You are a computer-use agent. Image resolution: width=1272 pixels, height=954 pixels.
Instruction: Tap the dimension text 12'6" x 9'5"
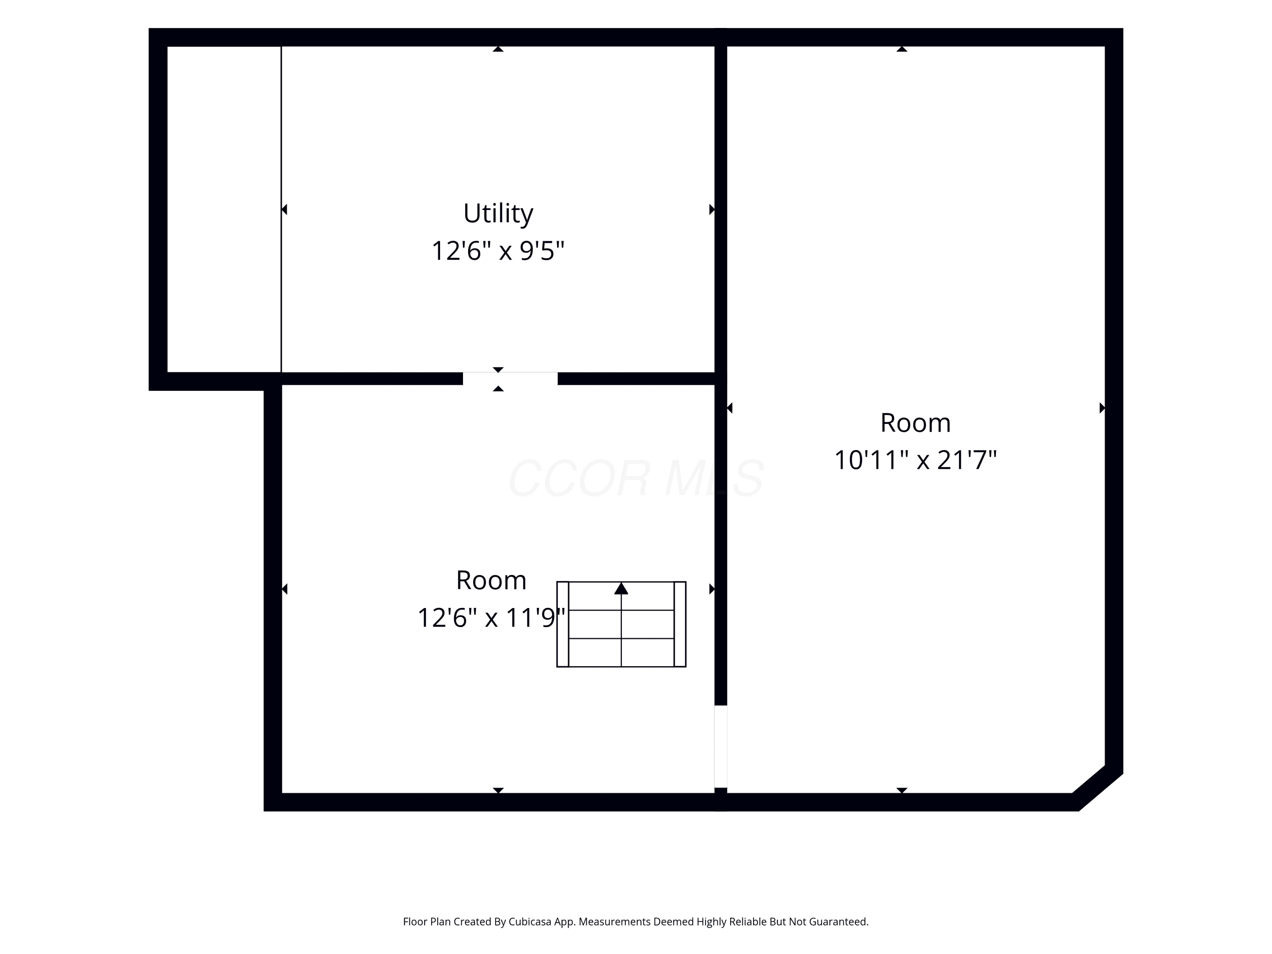tap(498, 251)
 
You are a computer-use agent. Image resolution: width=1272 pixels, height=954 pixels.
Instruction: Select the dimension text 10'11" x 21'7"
tap(915, 460)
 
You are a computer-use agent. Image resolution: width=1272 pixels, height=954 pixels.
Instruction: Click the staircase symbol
tap(621, 624)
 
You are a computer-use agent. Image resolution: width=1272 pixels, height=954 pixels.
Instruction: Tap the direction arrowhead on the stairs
tap(621, 588)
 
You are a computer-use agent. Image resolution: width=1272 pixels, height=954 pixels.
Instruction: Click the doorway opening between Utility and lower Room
tap(510, 378)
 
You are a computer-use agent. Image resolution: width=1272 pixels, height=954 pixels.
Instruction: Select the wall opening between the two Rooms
tap(720, 746)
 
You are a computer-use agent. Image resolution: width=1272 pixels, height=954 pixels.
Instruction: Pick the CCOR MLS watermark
tap(636, 478)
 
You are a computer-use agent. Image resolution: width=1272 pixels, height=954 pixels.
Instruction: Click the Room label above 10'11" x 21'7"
tap(915, 423)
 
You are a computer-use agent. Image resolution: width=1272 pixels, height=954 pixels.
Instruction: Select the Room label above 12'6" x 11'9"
tap(491, 580)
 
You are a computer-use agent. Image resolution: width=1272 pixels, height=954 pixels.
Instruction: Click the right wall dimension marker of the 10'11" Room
tap(1102, 408)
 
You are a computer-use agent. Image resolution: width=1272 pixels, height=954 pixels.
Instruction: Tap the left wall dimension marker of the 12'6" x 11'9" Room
tap(284, 589)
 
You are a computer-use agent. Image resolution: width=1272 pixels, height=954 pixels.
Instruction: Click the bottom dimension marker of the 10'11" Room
tap(902, 791)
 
